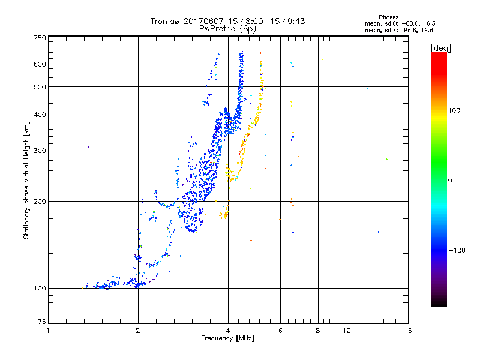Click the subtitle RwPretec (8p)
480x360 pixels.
point(228,28)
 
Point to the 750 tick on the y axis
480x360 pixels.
point(40,38)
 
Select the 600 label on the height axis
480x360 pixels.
point(40,64)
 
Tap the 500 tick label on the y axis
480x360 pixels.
point(40,87)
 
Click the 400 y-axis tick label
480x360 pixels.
point(40,115)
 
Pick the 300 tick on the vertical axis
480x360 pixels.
point(40,151)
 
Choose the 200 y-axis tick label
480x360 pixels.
point(40,202)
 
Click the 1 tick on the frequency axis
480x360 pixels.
point(48,331)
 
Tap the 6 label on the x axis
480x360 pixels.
point(280,331)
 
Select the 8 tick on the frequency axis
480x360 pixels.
point(318,331)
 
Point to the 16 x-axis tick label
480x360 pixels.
point(408,331)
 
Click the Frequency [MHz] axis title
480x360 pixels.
point(228,339)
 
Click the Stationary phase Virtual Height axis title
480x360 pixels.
point(26,180)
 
